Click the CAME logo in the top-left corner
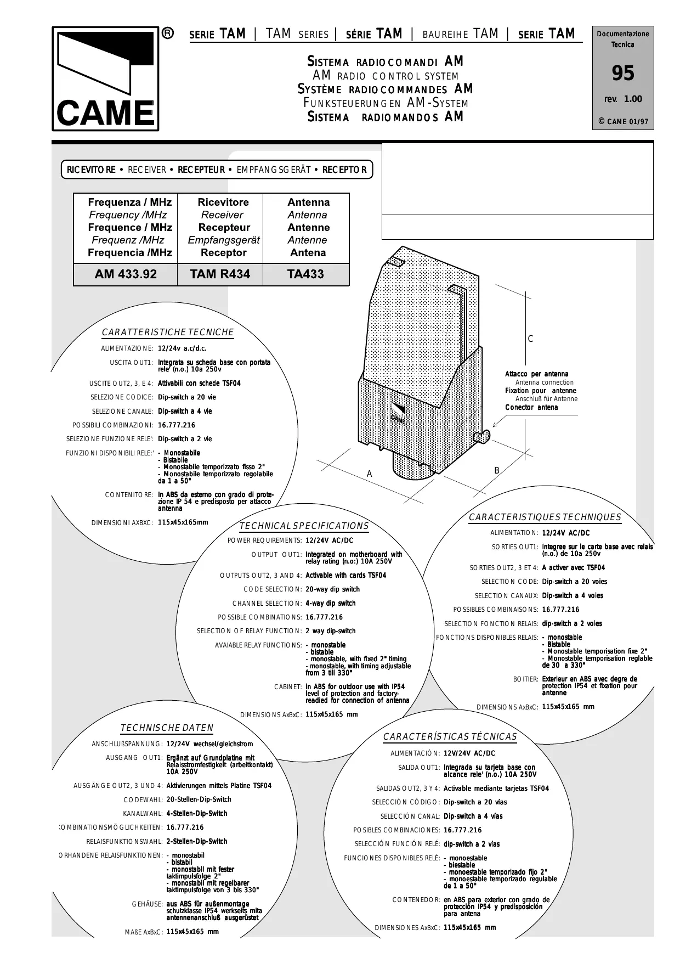click(x=105, y=79)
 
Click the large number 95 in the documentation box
click(x=623, y=73)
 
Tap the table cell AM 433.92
click(x=126, y=274)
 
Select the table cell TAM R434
click(x=220, y=274)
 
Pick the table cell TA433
click(x=305, y=274)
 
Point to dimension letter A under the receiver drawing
click(x=370, y=474)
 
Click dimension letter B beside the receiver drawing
click(x=497, y=470)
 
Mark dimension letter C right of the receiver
click(x=530, y=339)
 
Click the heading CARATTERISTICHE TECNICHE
click(x=168, y=333)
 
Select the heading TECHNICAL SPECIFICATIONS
click(x=304, y=526)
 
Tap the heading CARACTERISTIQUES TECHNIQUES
click(x=545, y=517)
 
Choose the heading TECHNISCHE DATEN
click(x=167, y=728)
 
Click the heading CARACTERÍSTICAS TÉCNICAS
click(x=450, y=736)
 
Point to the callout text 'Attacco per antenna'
click(x=536, y=374)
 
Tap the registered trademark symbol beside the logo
click(x=168, y=34)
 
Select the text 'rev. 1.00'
click(x=623, y=99)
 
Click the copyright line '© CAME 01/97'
click(x=623, y=121)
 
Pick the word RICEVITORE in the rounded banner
click(x=91, y=170)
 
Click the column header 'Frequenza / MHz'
click(x=130, y=202)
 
